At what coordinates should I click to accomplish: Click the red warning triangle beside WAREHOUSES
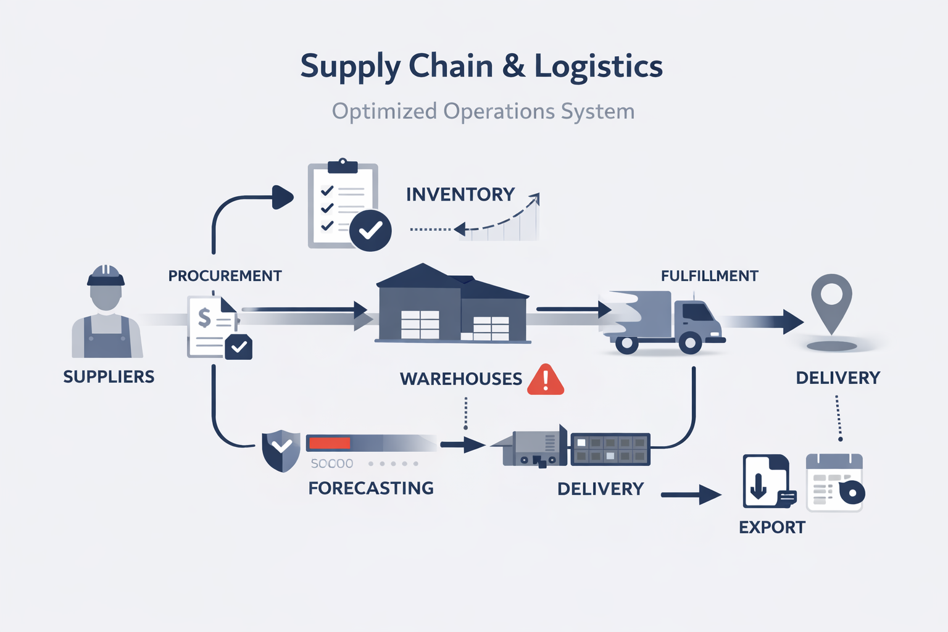click(x=546, y=380)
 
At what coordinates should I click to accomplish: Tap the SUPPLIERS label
click(x=109, y=376)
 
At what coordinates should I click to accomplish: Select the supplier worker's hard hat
click(x=106, y=275)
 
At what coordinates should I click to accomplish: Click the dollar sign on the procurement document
click(x=204, y=318)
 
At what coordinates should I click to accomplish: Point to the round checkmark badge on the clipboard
click(x=370, y=230)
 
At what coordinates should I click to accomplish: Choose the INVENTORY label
click(x=460, y=194)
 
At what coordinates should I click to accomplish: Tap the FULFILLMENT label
click(x=709, y=276)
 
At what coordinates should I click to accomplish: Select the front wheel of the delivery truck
click(x=689, y=342)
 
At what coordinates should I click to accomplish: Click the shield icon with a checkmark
click(x=281, y=450)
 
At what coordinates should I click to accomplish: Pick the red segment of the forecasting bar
click(x=330, y=443)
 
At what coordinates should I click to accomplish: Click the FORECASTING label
click(x=371, y=488)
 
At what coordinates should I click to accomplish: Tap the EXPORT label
click(x=772, y=527)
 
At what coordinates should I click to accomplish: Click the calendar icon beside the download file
click(x=834, y=483)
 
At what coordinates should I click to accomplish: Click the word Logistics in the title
click(x=598, y=67)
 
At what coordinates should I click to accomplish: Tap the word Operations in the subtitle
click(x=499, y=112)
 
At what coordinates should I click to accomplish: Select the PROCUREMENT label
click(x=225, y=276)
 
